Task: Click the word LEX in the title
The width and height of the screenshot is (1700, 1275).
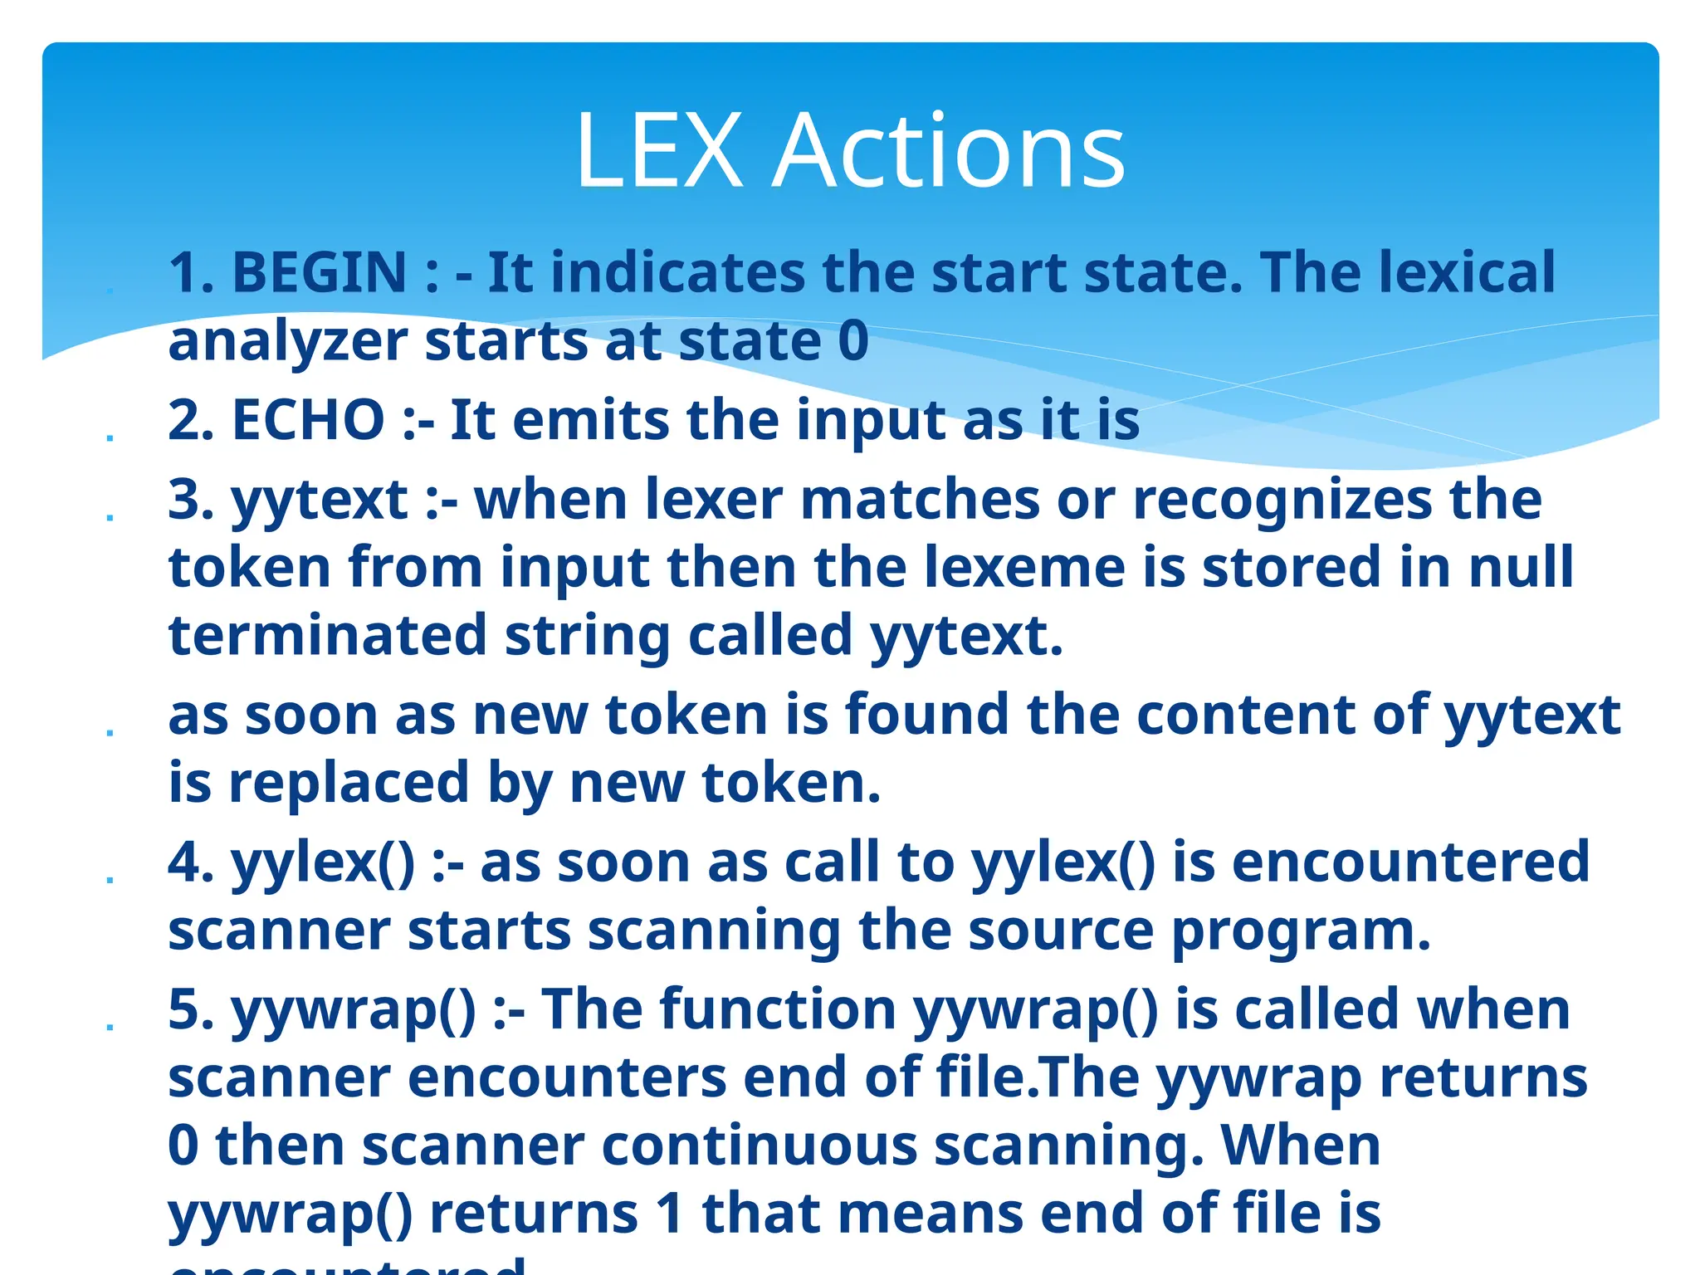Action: pos(659,151)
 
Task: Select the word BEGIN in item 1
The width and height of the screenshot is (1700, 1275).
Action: pos(320,272)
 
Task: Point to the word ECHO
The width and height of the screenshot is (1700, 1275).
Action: pos(308,419)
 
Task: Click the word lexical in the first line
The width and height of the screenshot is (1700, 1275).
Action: pos(1467,272)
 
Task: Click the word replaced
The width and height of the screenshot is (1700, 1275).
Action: pos(349,783)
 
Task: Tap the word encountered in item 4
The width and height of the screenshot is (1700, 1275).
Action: pos(1410,862)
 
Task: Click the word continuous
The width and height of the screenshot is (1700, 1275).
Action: pos(759,1146)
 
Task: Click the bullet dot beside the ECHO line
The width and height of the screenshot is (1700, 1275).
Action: pos(110,437)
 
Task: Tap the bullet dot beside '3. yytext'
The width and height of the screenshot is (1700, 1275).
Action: pos(110,517)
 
